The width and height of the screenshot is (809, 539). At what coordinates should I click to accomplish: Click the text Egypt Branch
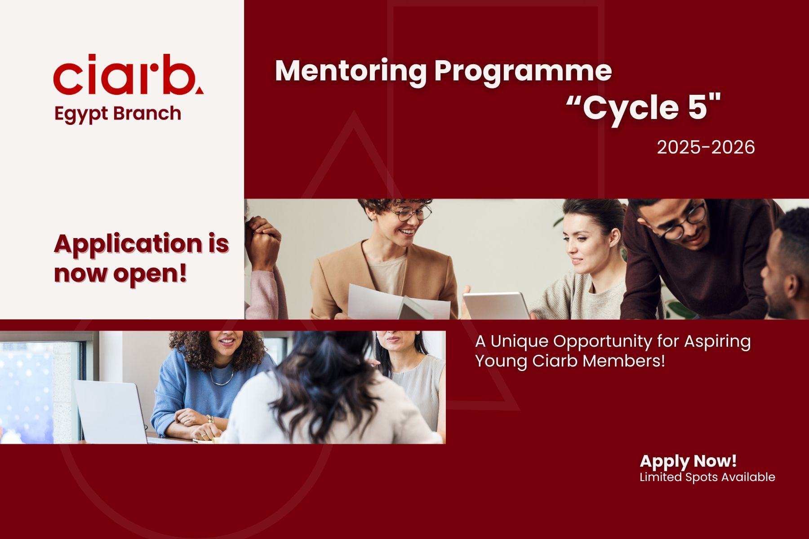point(117,114)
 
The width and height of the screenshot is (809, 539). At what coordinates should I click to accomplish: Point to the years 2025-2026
point(706,147)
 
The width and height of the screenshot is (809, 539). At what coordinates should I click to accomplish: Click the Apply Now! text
point(688,461)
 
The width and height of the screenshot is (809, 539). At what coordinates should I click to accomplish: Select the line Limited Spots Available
point(707,477)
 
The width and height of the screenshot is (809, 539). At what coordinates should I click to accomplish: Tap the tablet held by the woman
point(496,305)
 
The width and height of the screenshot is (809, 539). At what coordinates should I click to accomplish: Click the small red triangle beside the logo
point(199,90)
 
